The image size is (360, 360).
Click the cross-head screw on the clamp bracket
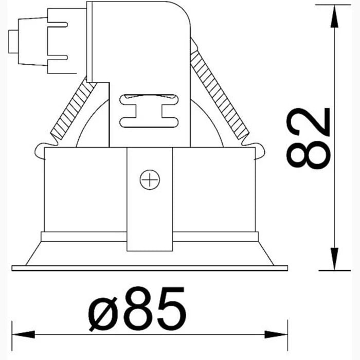(150, 180)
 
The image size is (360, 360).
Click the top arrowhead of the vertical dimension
(335, 15)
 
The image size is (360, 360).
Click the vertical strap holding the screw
(149, 216)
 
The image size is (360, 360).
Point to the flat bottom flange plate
(149, 268)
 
